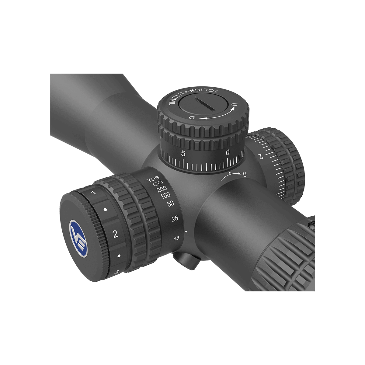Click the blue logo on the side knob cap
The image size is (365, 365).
[x=78, y=239]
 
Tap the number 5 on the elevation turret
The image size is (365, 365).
[x=183, y=153]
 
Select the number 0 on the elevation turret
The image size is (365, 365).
[x=228, y=152]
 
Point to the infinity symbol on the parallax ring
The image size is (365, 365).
[x=158, y=183]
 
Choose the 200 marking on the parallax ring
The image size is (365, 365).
[x=162, y=189]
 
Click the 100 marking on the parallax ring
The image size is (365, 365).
[x=165, y=196]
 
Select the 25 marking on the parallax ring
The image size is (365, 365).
[x=175, y=219]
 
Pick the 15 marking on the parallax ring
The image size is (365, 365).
[x=176, y=238]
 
